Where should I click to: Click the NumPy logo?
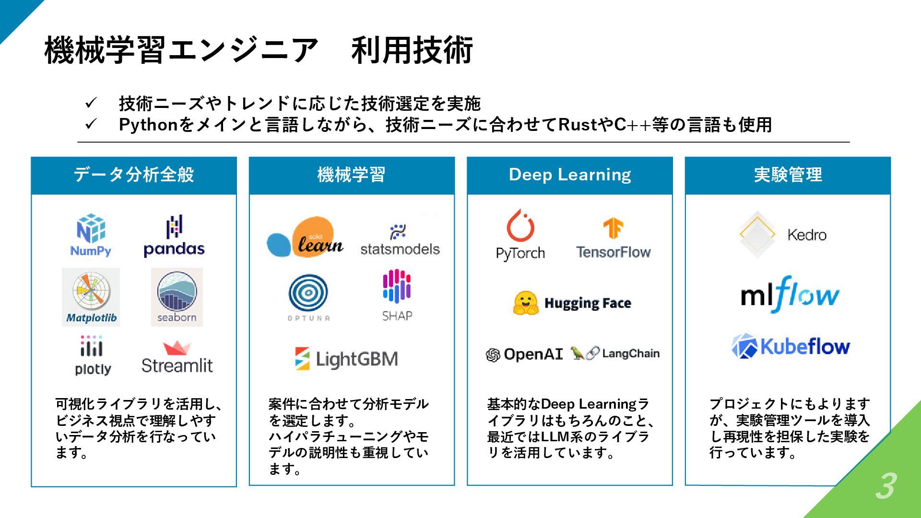[x=91, y=235]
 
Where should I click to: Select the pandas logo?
[x=174, y=236]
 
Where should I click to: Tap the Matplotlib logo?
[x=91, y=297]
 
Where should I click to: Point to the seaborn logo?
[x=177, y=297]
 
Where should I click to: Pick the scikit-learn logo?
[x=305, y=238]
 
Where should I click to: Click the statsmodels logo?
[x=400, y=240]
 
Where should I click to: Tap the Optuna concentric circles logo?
[x=308, y=293]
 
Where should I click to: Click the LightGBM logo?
[x=347, y=359]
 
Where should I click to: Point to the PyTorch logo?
[x=520, y=235]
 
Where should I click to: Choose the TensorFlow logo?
[x=613, y=239]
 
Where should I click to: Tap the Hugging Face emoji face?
[x=526, y=303]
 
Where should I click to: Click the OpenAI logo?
[x=524, y=354]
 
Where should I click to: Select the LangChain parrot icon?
[x=578, y=353]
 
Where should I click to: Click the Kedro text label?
[x=807, y=235]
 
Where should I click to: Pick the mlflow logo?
[x=790, y=294]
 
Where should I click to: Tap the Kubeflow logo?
[x=791, y=346]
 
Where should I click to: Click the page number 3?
[x=886, y=486]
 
